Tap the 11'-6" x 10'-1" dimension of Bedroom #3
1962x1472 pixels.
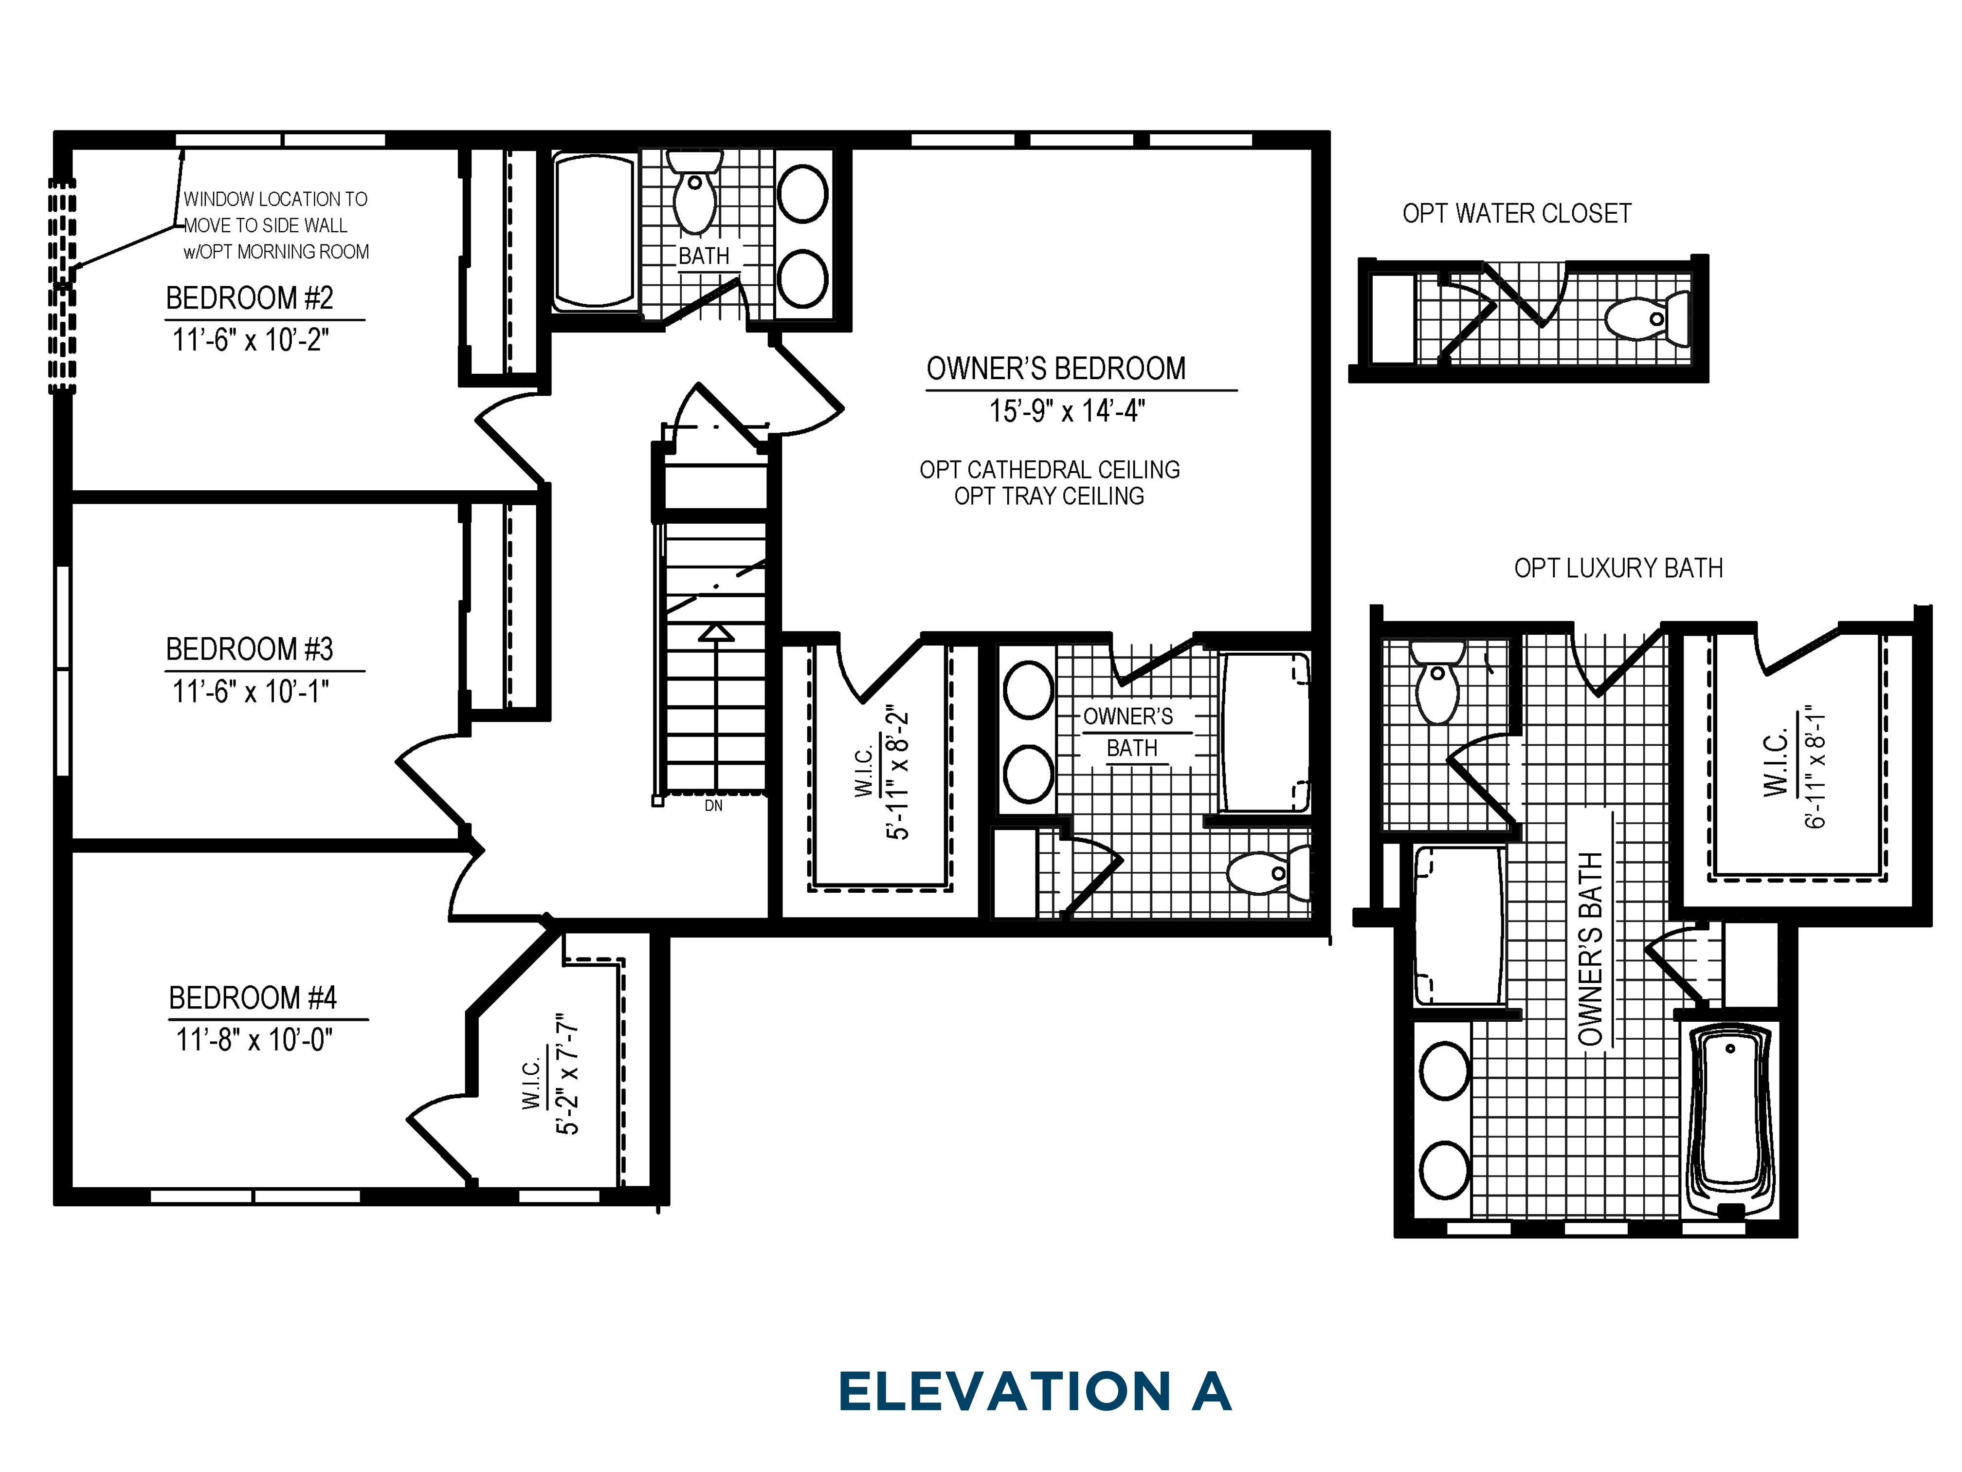click(x=250, y=691)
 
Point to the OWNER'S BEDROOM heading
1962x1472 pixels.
click(x=1055, y=368)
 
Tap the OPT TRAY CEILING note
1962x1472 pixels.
click(x=1049, y=496)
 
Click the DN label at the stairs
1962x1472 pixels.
click(x=713, y=806)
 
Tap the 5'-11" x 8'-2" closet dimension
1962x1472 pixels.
click(x=899, y=774)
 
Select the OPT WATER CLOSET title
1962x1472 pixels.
click(x=1517, y=214)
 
